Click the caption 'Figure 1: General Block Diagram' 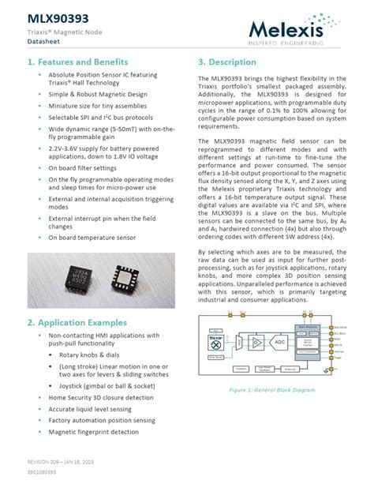(x=273, y=390)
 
